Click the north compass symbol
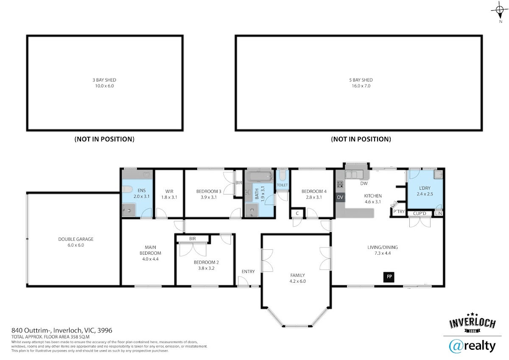[x=500, y=11]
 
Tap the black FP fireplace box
[x=389, y=277]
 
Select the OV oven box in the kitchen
[x=340, y=197]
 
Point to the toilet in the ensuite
[x=127, y=189]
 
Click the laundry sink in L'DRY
[x=438, y=174]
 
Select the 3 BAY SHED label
[x=104, y=80]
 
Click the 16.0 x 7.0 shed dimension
[x=361, y=86]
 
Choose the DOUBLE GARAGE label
[x=76, y=239]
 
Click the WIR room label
[x=169, y=191]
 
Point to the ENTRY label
[x=248, y=272]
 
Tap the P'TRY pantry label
[x=399, y=211]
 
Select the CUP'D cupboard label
[x=420, y=214]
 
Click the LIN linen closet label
[x=438, y=214]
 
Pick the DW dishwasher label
[x=364, y=183]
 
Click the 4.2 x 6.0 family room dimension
[x=298, y=281]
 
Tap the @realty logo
[x=473, y=346]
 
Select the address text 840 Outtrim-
[x=32, y=330]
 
